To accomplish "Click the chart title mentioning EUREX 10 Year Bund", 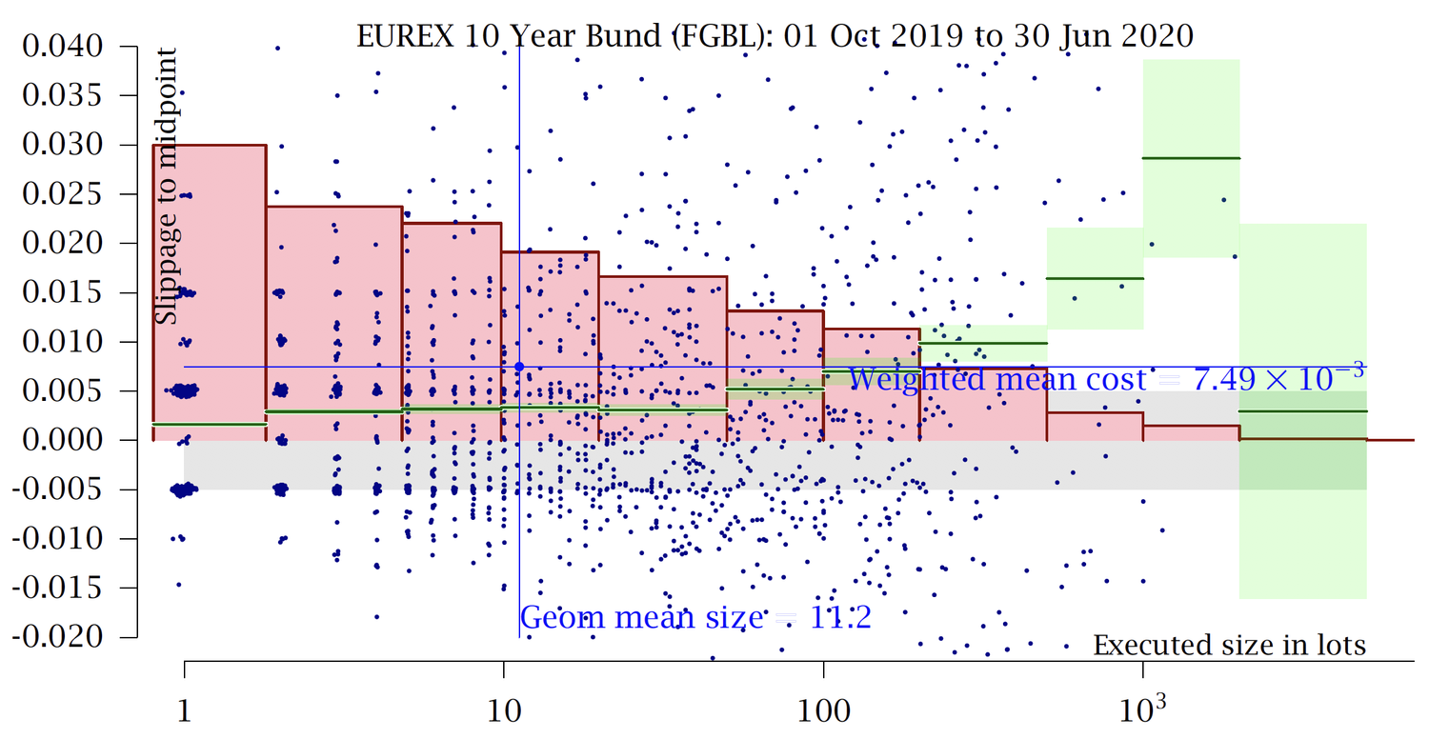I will coord(774,35).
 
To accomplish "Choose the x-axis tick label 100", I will coord(823,711).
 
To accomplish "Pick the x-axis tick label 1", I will coord(184,711).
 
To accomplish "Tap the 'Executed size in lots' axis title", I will coord(1229,646).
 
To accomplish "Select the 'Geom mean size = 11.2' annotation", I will coord(695,618).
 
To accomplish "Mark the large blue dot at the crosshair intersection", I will coord(519,367).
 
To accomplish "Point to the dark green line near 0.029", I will coord(1191,158).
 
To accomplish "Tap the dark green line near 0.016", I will coord(1095,278).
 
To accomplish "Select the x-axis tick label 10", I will coord(503,711).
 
